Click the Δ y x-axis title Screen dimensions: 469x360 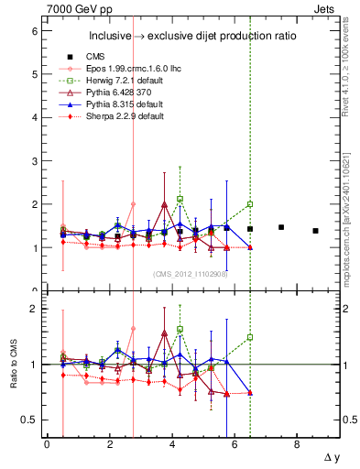(x=329, y=456)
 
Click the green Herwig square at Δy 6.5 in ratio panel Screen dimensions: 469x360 (x=250, y=337)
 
